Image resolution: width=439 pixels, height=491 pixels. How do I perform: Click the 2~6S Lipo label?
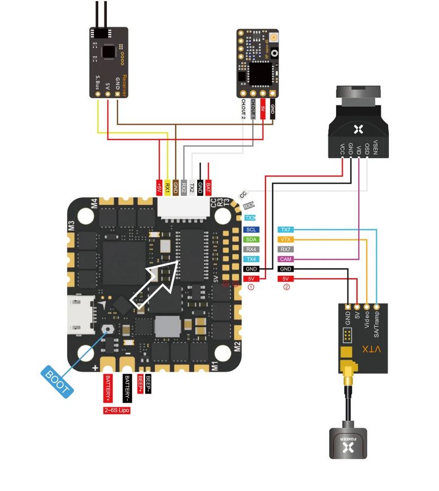[116, 410]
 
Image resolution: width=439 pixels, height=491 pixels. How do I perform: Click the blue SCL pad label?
[251, 230]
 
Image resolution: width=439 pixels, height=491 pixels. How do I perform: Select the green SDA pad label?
[251, 240]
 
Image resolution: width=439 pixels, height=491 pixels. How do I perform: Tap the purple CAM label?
[286, 259]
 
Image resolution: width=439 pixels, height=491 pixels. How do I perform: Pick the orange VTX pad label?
[286, 240]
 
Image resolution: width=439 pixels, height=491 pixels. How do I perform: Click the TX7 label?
[286, 230]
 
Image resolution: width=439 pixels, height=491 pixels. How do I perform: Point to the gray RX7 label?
[286, 249]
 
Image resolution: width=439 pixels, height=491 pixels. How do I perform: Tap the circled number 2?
[286, 288]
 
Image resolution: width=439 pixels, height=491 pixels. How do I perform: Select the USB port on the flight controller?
[75, 316]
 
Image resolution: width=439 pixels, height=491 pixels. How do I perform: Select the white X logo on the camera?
[357, 129]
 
